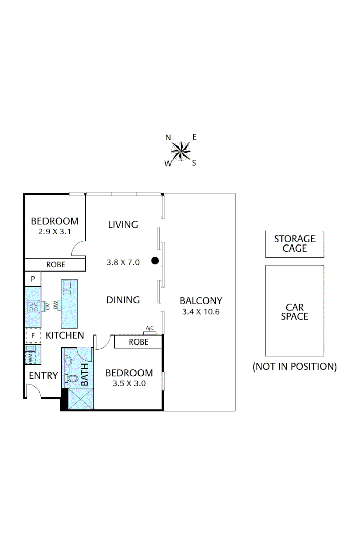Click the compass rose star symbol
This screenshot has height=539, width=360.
tap(181, 150)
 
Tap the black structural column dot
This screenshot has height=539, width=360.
tap(155, 261)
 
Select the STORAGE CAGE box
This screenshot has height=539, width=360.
tap(294, 244)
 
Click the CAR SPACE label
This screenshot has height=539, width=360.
tap(294, 312)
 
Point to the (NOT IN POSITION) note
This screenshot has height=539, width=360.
tap(294, 367)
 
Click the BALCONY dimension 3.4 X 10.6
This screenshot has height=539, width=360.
tap(201, 312)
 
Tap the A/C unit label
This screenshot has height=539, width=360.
tap(150, 328)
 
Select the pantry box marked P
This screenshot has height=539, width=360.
tap(33, 279)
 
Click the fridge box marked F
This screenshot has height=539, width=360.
tap(33, 335)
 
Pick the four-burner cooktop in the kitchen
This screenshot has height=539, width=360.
tap(34, 306)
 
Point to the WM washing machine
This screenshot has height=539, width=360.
tap(30, 357)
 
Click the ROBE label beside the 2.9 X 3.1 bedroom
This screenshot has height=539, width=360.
tap(55, 265)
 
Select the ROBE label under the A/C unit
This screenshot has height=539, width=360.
tap(138, 342)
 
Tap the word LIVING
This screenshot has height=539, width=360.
tap(123, 225)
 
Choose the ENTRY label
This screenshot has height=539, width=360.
tap(43, 376)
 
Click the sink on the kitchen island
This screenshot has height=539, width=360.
tap(67, 287)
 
